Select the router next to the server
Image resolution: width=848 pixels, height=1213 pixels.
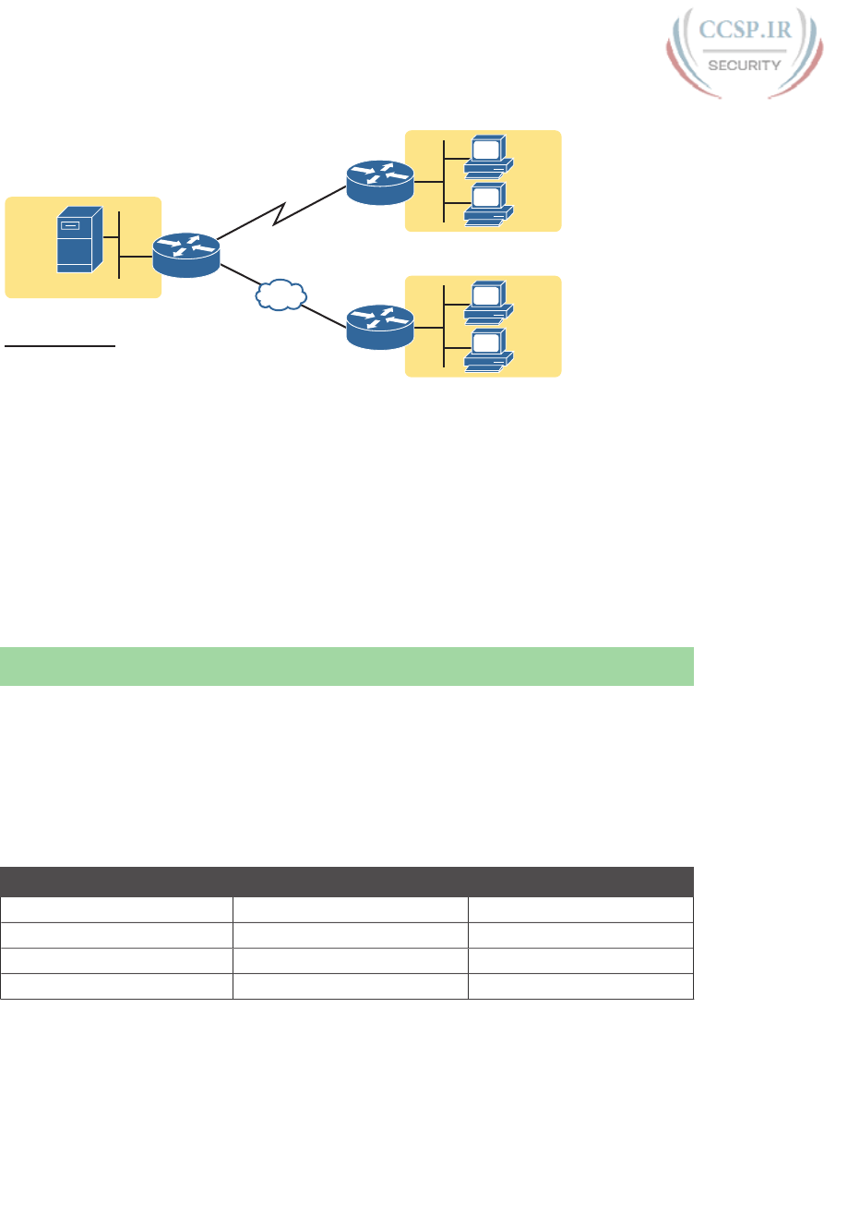[x=186, y=254]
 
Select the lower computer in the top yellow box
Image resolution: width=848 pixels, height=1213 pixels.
[x=487, y=204]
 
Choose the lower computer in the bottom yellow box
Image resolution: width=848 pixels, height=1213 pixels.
[x=487, y=350]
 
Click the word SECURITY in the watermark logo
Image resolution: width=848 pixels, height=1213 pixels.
[x=744, y=65]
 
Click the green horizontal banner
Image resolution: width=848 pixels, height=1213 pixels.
[x=347, y=667]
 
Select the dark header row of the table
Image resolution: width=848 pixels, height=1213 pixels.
[x=347, y=882]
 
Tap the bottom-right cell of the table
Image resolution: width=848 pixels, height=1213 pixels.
[x=580, y=986]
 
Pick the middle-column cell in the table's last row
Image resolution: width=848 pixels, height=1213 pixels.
[x=350, y=986]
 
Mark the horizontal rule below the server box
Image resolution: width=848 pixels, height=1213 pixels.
[x=60, y=346]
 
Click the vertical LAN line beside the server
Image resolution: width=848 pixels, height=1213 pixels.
[x=119, y=244]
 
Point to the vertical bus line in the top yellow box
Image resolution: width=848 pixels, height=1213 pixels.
[x=444, y=181]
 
